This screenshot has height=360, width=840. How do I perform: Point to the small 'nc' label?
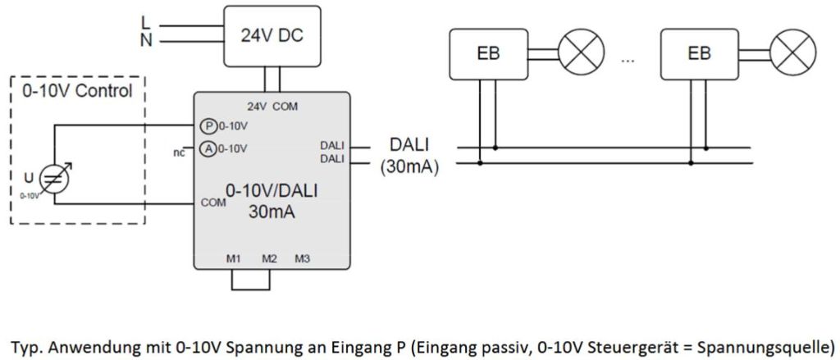tap(179, 152)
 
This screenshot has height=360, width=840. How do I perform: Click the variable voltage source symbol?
tap(56, 180)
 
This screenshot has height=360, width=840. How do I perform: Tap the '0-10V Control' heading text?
tap(75, 91)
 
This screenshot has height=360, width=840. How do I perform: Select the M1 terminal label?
tap(233, 259)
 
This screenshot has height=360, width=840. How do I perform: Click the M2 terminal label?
tap(269, 259)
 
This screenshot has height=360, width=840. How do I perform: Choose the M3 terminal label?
tap(303, 259)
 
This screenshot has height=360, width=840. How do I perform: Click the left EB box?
tap(488, 54)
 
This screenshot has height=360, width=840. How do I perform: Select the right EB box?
tap(699, 54)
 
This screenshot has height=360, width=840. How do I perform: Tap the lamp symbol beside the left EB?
tap(580, 54)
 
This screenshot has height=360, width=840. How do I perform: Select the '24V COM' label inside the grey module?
tap(273, 106)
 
